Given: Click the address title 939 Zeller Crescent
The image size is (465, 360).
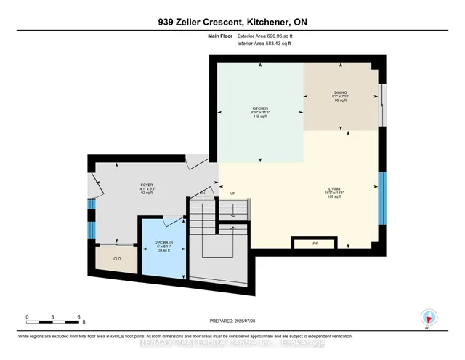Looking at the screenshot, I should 232,22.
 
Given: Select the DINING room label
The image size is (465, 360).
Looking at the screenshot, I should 339,92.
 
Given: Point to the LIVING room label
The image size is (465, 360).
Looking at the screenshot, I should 334,187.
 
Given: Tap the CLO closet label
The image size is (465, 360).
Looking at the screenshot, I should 117,258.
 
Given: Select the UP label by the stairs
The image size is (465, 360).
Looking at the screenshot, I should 233,193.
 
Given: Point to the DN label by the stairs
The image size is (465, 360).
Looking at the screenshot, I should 203,193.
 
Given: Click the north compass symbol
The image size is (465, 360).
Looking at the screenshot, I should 429,317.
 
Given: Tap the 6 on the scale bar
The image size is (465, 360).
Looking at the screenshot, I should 78,317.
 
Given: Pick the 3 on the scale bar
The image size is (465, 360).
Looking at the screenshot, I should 52,317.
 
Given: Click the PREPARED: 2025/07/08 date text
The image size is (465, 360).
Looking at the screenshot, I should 233,321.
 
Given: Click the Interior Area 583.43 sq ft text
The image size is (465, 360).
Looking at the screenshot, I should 265,44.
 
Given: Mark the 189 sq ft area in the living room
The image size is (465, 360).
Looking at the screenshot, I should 334,196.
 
